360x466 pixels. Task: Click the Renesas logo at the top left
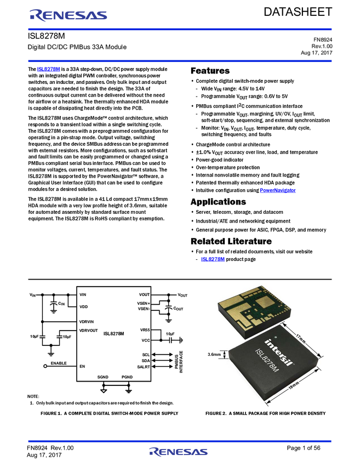tap(68, 15)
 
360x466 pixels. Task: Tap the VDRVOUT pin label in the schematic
tap(89, 331)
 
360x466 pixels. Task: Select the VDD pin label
tap(83, 306)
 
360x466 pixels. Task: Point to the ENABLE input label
tap(59, 363)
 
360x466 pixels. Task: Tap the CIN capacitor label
tap(61, 303)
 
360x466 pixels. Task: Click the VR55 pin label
tap(145, 330)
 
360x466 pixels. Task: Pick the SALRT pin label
tap(144, 367)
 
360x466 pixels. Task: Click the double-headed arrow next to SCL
tap(162, 354)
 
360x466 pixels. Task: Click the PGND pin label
tap(127, 377)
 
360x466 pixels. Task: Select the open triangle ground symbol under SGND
tap(103, 391)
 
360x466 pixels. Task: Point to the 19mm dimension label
tap(293, 387)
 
